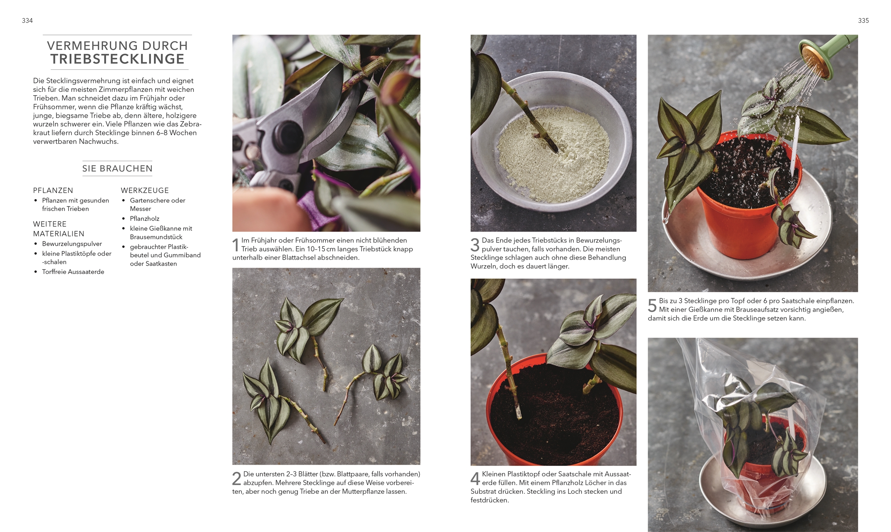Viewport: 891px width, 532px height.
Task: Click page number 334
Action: (27, 20)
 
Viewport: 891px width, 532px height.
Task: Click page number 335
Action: (864, 20)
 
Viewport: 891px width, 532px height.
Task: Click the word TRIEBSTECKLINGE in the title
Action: (117, 59)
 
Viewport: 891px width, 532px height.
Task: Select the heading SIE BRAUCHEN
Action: (117, 168)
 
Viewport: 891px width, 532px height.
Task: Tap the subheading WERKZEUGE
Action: (145, 190)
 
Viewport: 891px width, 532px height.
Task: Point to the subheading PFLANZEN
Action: (53, 190)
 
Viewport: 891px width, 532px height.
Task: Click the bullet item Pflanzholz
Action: (144, 219)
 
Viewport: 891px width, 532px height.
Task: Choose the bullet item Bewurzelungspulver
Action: (72, 244)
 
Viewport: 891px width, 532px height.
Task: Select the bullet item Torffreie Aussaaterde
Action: (73, 272)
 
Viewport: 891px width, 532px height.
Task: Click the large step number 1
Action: (235, 245)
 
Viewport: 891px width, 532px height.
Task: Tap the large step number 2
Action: (236, 478)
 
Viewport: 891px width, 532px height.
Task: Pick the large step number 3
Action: (475, 245)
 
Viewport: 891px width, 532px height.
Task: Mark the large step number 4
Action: (475, 478)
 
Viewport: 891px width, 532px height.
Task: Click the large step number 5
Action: (652, 305)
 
